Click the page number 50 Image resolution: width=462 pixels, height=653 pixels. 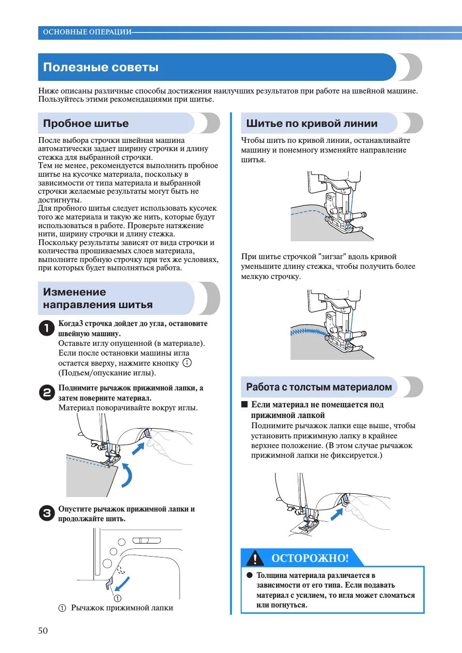(43, 630)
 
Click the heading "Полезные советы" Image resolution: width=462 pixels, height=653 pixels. (101, 67)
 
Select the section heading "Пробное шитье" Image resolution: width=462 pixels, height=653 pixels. (86, 124)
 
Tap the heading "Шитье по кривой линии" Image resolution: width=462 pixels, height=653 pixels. (311, 124)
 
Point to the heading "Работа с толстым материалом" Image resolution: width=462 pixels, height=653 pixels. (319, 387)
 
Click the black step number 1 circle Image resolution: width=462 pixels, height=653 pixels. (46, 328)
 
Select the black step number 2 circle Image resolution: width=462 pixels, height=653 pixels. (46, 392)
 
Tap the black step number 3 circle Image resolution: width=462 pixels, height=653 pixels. (46, 513)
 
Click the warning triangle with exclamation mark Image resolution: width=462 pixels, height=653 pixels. (255, 559)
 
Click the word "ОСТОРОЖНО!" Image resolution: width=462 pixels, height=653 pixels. (310, 558)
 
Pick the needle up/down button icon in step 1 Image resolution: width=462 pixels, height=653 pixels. (187, 362)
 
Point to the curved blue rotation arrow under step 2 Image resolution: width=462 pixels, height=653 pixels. (127, 475)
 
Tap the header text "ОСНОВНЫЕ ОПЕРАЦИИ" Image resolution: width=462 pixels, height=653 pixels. (87, 32)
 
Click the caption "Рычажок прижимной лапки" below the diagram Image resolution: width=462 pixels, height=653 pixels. (122, 607)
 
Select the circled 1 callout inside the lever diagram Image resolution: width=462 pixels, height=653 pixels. (117, 598)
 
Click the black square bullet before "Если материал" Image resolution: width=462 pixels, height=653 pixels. (245, 404)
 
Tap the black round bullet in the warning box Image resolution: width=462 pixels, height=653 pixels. (249, 575)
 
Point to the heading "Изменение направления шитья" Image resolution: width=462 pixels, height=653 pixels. (98, 298)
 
